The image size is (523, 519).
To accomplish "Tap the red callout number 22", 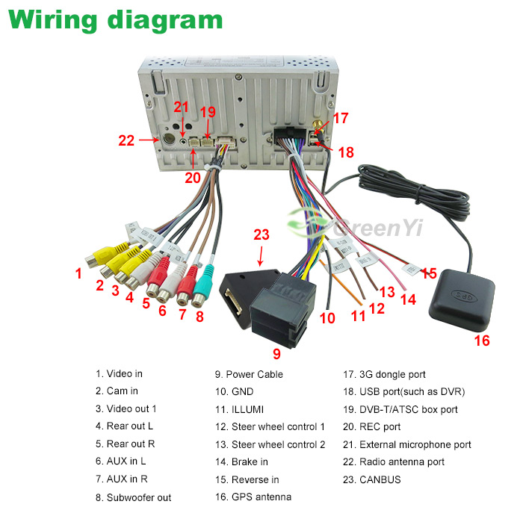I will pyautogui.click(x=126, y=140).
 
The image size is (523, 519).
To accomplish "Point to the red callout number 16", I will pyautogui.click(x=482, y=341).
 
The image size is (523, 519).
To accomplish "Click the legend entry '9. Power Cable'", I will pyautogui.click(x=249, y=374).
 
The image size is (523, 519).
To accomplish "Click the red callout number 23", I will pyautogui.click(x=260, y=234).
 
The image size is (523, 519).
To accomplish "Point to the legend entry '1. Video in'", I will pyautogui.click(x=118, y=373).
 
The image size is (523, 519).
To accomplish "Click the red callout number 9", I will pyautogui.click(x=276, y=353).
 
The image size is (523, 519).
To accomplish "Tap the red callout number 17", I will pyautogui.click(x=341, y=118).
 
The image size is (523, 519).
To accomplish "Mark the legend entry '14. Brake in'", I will pyautogui.click(x=250, y=462).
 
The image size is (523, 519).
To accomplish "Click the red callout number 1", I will pyautogui.click(x=78, y=273).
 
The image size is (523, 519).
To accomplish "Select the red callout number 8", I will pyautogui.click(x=199, y=316).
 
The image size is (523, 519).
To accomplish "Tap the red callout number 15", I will pyautogui.click(x=429, y=273).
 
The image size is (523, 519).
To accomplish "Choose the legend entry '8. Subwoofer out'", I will pyautogui.click(x=133, y=497).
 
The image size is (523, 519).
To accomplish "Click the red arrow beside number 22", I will pyautogui.click(x=147, y=140).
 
